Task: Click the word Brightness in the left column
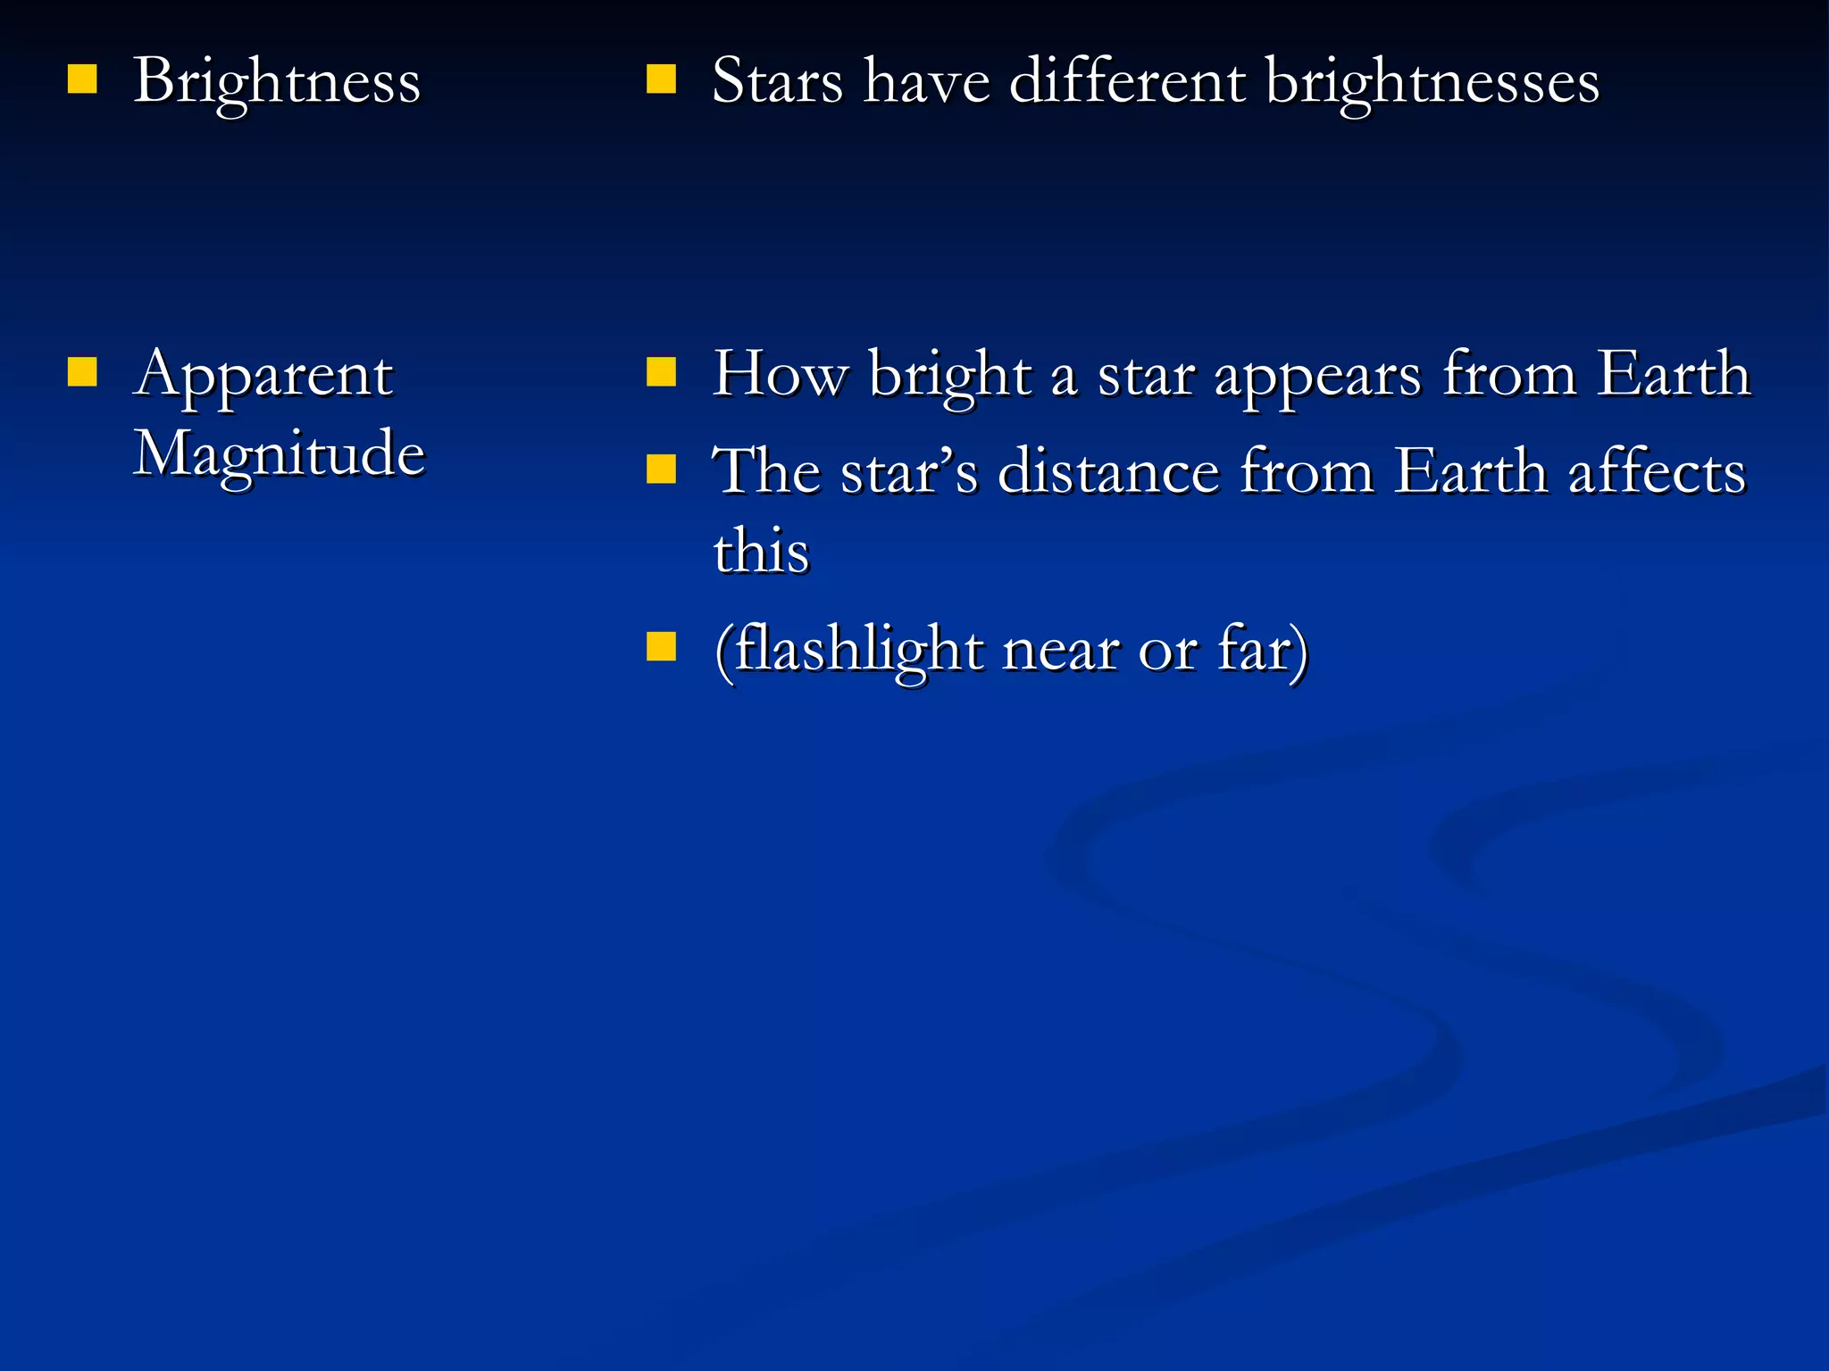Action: (277, 82)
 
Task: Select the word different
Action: (1127, 82)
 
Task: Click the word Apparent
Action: (263, 375)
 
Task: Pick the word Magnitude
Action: (279, 453)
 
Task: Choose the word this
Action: (761, 550)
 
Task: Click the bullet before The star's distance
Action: (661, 469)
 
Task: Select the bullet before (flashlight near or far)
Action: (661, 646)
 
